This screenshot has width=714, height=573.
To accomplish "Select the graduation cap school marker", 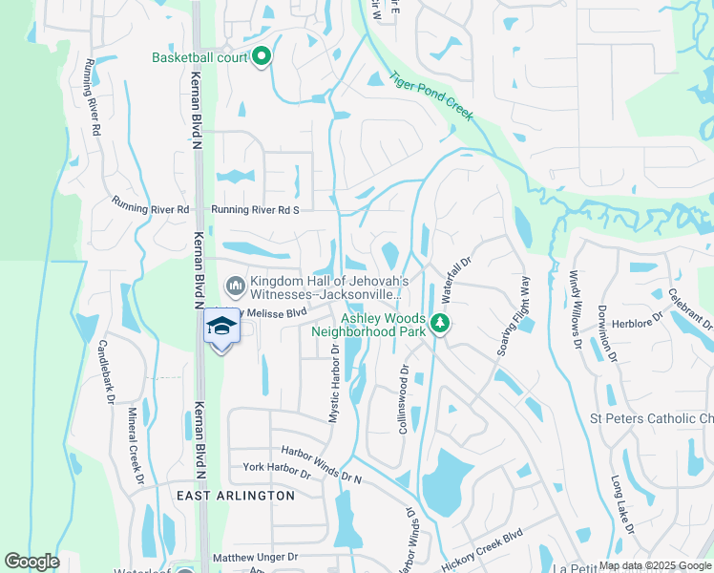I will point(221,326).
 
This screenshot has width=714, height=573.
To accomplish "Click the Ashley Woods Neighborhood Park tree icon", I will point(439,324).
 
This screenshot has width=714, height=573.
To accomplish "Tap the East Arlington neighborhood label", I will point(236,496).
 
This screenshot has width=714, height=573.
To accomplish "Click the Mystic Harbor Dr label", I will point(335,381).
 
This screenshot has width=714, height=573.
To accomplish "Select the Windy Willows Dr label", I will point(575,308).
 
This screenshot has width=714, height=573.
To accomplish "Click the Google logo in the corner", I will point(31,562).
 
